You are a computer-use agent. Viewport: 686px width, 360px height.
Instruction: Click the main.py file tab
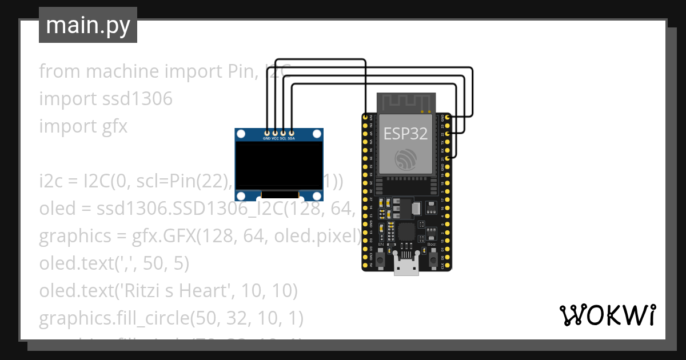point(87,25)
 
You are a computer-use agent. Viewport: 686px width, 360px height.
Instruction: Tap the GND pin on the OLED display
point(267,133)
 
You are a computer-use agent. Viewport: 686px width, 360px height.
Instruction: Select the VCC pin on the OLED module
point(275,133)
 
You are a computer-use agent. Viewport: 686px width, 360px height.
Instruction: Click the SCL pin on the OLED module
point(283,133)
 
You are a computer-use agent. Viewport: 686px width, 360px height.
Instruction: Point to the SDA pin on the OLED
point(292,133)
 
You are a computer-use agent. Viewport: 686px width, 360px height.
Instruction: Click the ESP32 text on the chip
point(405,134)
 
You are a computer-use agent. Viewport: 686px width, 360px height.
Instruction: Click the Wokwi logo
point(607,315)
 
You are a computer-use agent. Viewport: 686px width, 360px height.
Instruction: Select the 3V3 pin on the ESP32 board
point(366,117)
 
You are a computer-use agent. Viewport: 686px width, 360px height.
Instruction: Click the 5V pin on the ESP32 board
point(366,266)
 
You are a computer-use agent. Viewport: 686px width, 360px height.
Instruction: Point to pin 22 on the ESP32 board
point(448,133)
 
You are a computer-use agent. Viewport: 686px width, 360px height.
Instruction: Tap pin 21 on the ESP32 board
point(448,157)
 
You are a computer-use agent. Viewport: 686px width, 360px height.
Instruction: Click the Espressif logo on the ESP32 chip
point(405,159)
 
